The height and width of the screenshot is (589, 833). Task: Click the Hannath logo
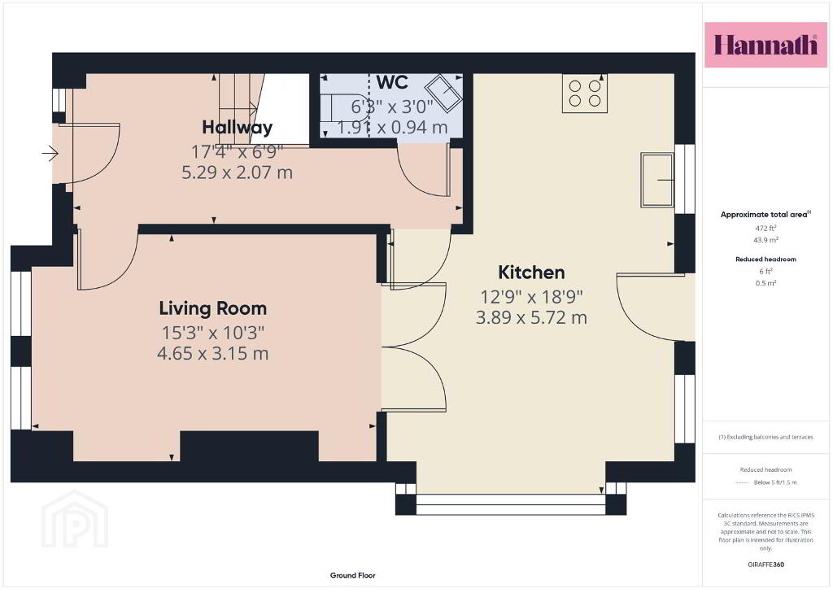[x=765, y=45]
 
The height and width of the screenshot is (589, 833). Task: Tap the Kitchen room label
[x=531, y=273]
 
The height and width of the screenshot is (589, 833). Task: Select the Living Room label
[x=212, y=308]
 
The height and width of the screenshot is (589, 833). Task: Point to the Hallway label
[x=237, y=128]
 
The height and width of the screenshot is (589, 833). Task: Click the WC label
[x=392, y=82]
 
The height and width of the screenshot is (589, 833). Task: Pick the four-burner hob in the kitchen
[x=585, y=94]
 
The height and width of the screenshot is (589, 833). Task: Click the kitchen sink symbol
[x=657, y=180]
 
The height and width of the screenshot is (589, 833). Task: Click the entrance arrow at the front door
[x=50, y=154]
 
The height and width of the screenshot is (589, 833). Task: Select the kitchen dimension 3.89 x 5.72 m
[x=531, y=317]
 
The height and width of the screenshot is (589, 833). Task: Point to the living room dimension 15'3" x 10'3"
[x=212, y=333]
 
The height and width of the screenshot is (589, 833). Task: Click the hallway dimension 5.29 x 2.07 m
[x=237, y=172]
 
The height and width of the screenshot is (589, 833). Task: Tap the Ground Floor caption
[x=353, y=575]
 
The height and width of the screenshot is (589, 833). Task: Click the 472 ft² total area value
[x=765, y=228]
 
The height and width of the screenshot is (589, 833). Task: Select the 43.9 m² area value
[x=765, y=240]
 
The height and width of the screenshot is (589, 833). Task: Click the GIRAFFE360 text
[x=765, y=565]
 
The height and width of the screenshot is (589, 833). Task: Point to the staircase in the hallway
[x=242, y=109]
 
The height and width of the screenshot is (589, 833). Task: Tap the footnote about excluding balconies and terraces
[x=765, y=437]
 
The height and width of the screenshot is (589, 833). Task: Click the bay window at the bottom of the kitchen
[x=511, y=504]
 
